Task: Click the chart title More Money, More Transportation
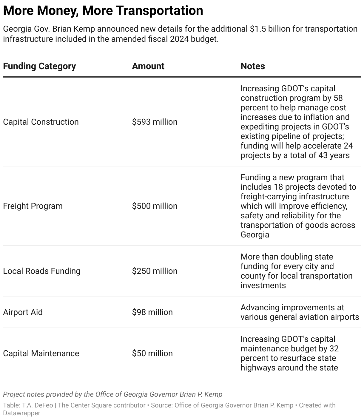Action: click(103, 11)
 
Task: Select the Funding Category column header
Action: click(39, 66)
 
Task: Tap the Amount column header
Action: click(148, 66)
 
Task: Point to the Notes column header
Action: click(252, 66)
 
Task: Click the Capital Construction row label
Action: click(41, 122)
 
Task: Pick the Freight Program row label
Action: click(33, 206)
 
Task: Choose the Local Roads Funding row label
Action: click(42, 271)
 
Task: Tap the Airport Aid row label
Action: click(23, 312)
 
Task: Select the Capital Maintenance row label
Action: click(41, 353)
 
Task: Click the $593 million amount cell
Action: click(155, 122)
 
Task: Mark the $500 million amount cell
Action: click(155, 206)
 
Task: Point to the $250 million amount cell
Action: click(155, 271)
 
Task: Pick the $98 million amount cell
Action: click(152, 312)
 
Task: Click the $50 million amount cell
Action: click(152, 353)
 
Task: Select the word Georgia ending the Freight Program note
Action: click(255, 234)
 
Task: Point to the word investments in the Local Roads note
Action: click(263, 285)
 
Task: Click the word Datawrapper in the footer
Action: click(21, 413)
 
